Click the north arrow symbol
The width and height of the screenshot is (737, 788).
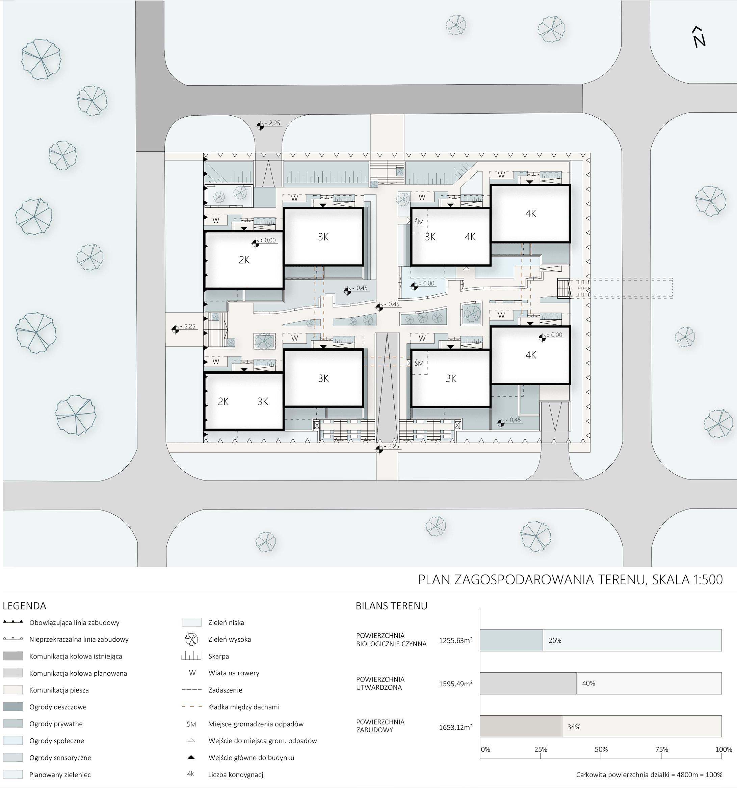pos(699,38)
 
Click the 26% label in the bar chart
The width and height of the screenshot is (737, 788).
pos(555,640)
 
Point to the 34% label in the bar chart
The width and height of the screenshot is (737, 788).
pos(574,727)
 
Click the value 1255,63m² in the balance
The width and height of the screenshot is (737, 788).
pos(456,640)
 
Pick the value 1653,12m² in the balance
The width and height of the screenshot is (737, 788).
pos(456,727)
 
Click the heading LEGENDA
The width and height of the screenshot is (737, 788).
pos(25,606)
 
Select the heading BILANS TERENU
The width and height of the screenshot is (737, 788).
pos(391,606)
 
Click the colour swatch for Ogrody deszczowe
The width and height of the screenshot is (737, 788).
pos(13,707)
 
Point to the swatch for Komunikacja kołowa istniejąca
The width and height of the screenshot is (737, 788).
pos(13,656)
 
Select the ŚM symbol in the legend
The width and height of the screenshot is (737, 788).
pos(191,724)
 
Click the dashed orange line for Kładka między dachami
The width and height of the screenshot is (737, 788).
pos(191,707)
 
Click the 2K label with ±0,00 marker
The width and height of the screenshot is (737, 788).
pos(244,260)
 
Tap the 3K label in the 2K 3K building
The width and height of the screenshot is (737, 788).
pos(263,402)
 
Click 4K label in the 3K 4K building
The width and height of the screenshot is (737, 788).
pos(470,237)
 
